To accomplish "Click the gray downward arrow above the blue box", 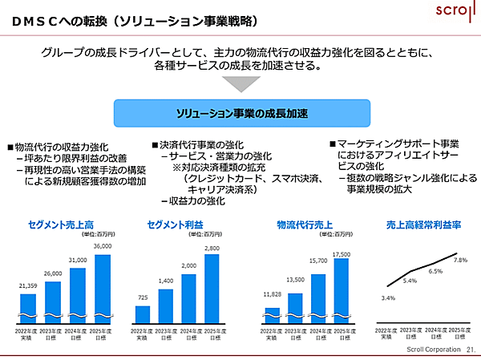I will [x=240, y=83].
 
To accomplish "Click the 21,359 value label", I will [x=28, y=286].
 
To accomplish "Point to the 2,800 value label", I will [x=211, y=248].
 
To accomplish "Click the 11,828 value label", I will [x=272, y=295].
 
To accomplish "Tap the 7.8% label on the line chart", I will [x=459, y=260].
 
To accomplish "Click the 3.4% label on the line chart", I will [x=388, y=298].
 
